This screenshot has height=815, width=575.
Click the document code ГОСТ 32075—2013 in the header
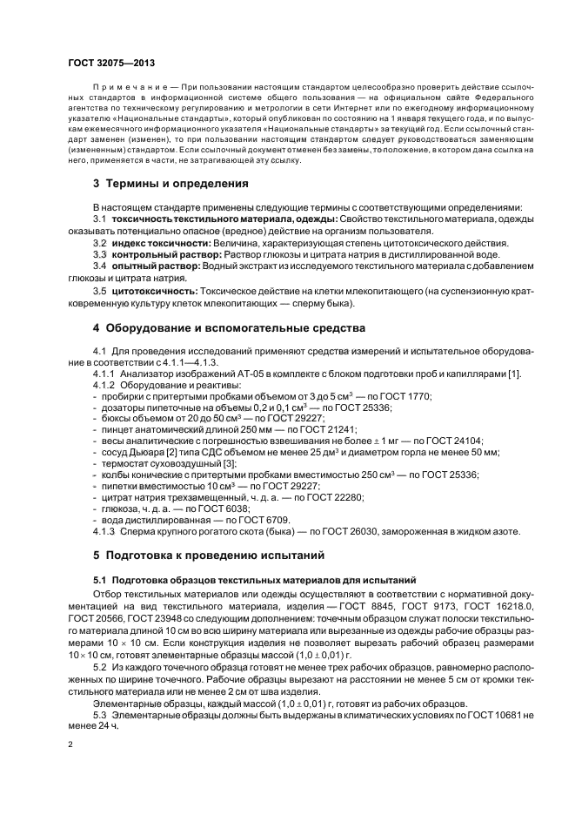(112, 64)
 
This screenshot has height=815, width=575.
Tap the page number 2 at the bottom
(70, 745)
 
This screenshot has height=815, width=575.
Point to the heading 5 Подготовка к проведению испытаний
(208, 555)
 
